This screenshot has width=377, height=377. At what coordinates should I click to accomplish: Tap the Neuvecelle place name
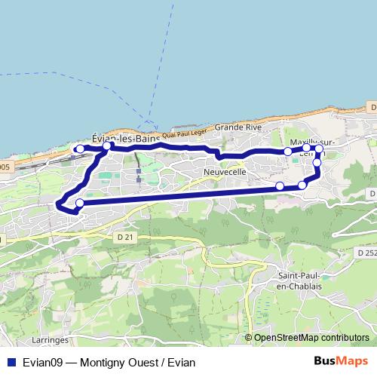pyautogui.click(x=224, y=173)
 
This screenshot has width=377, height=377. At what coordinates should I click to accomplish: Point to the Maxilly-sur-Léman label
pyautogui.click(x=311, y=144)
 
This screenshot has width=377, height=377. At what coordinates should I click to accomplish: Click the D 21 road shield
pyautogui.click(x=126, y=238)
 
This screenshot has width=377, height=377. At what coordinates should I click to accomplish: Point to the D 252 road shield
pyautogui.click(x=366, y=252)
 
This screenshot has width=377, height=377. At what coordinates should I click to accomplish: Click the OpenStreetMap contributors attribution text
pyautogui.click(x=311, y=338)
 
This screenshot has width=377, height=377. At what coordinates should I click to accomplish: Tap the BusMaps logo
pyautogui.click(x=341, y=361)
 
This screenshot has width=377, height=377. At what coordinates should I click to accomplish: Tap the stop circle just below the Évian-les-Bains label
pyautogui.click(x=108, y=146)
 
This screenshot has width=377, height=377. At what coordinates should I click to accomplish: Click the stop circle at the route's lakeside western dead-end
pyautogui.click(x=80, y=149)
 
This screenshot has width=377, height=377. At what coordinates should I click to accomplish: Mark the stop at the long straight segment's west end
pyautogui.click(x=79, y=203)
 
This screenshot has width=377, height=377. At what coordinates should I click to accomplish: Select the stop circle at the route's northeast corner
pyautogui.click(x=319, y=149)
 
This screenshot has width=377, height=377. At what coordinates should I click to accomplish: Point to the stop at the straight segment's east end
pyautogui.click(x=280, y=185)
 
